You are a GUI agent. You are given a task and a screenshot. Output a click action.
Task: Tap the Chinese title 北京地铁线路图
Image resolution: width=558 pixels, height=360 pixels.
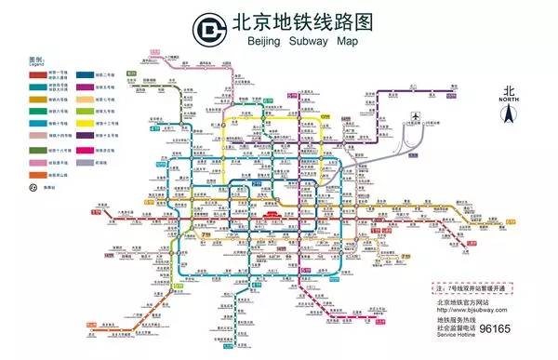click(298, 21)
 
